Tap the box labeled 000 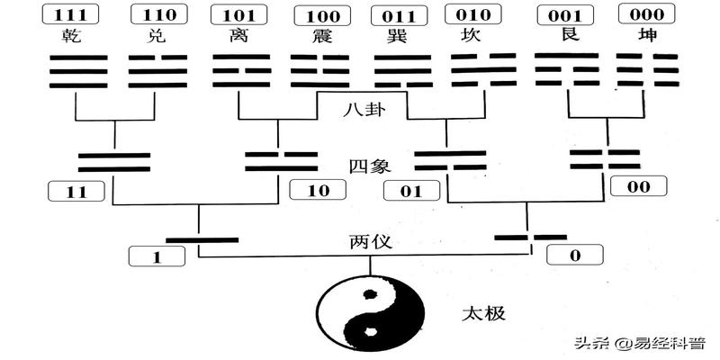point(646,15)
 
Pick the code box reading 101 point(238,15)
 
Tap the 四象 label point(365,166)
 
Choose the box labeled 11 point(76,191)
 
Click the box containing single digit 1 point(157,256)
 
